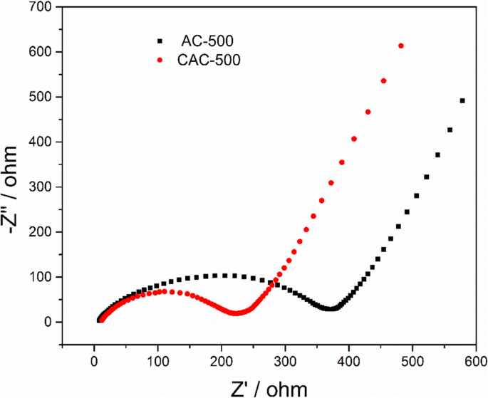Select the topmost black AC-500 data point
[462, 100]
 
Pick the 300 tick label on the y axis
[42, 187]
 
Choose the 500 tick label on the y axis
[42, 97]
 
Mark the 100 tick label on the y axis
[42, 277]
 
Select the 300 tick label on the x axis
[285, 362]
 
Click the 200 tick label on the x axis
[222, 362]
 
